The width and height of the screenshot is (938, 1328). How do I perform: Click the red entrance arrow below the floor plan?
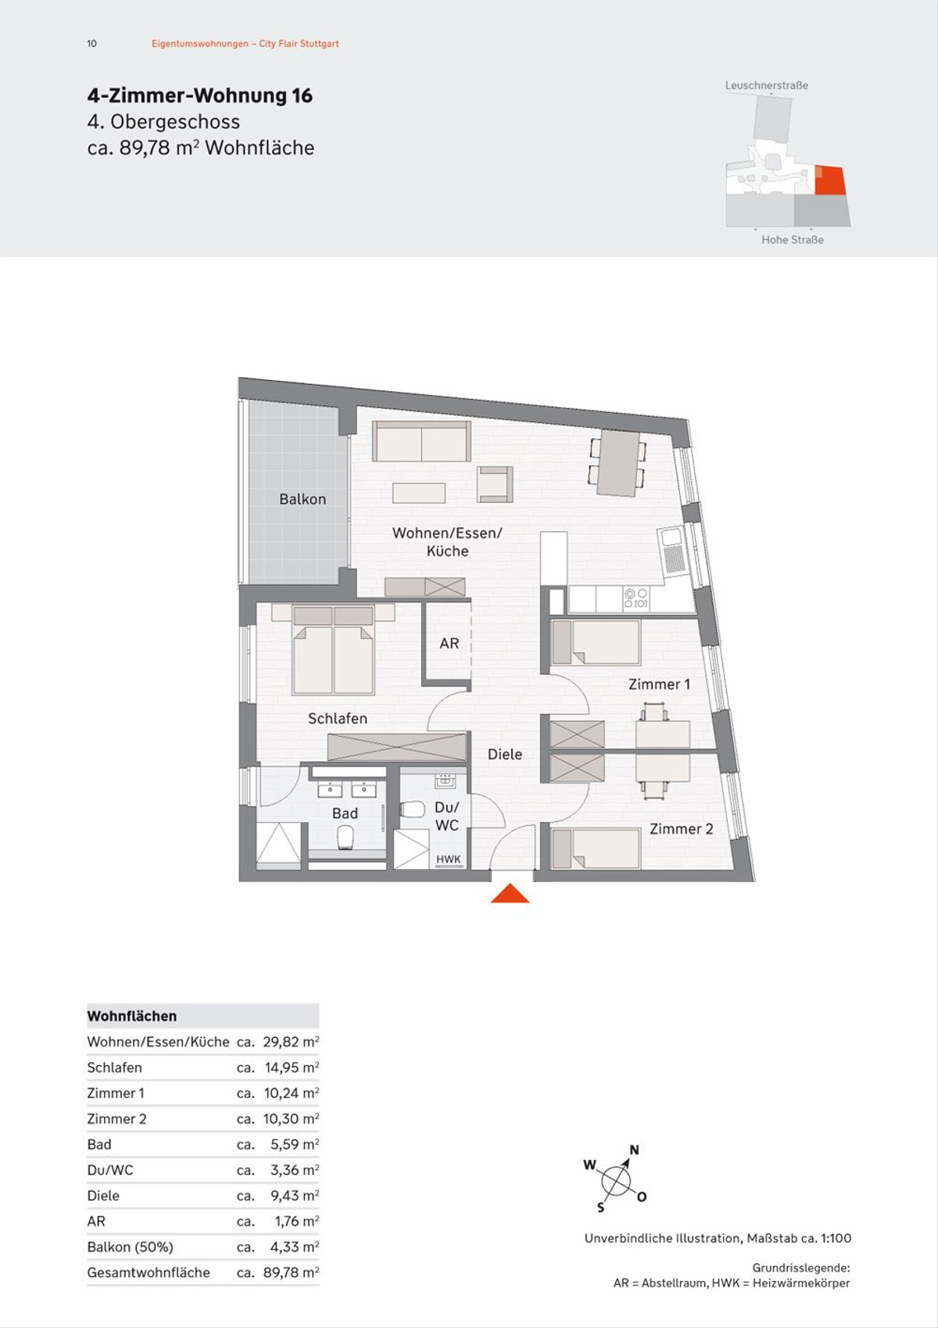pyautogui.click(x=510, y=893)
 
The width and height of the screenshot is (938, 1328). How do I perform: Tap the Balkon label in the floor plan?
pyautogui.click(x=303, y=499)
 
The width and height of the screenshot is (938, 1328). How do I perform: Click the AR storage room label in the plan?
pyautogui.click(x=449, y=643)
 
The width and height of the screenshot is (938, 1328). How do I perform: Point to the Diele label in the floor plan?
pyautogui.click(x=504, y=754)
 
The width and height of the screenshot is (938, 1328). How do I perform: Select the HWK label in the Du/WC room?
pyautogui.click(x=448, y=859)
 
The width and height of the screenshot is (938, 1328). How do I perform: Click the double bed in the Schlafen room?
pyautogui.click(x=333, y=650)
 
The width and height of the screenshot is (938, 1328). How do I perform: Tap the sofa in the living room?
pyautogui.click(x=421, y=441)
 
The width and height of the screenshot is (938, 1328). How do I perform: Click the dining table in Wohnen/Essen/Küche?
pyautogui.click(x=618, y=462)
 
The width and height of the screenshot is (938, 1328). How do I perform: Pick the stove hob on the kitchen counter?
pyautogui.click(x=635, y=598)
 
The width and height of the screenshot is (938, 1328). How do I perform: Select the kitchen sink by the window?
pyautogui.click(x=671, y=551)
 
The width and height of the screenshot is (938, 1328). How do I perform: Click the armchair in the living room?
pyautogui.click(x=495, y=484)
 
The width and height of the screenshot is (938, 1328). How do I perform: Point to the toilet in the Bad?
pyautogui.click(x=346, y=837)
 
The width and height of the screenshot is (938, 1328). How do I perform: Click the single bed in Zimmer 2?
pyautogui.click(x=596, y=849)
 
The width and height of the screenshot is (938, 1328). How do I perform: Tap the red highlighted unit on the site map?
pyautogui.click(x=829, y=181)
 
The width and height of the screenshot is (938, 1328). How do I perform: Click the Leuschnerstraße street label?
pyautogui.click(x=766, y=85)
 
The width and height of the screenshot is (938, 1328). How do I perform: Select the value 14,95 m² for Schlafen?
pyautogui.click(x=292, y=1068)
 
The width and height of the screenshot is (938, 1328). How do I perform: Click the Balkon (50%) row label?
pyautogui.click(x=130, y=1247)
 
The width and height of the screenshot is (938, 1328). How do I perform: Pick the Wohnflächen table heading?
pyautogui.click(x=131, y=1016)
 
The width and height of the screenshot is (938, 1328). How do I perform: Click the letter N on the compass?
pyautogui.click(x=634, y=1150)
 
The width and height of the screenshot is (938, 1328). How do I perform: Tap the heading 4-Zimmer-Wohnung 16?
pyautogui.click(x=199, y=96)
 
